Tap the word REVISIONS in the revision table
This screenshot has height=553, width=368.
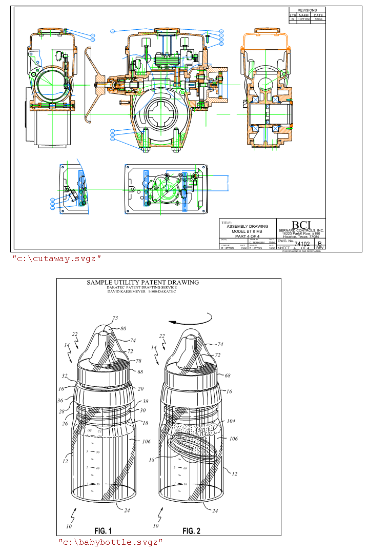(x=307, y=10)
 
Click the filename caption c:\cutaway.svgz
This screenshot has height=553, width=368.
(x=57, y=258)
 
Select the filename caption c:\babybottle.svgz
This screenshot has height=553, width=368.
(x=110, y=542)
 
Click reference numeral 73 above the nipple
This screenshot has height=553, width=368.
(x=115, y=319)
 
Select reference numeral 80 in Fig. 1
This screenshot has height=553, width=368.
(x=123, y=328)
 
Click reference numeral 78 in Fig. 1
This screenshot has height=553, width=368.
(x=138, y=361)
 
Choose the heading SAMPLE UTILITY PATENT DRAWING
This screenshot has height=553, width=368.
(x=142, y=282)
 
